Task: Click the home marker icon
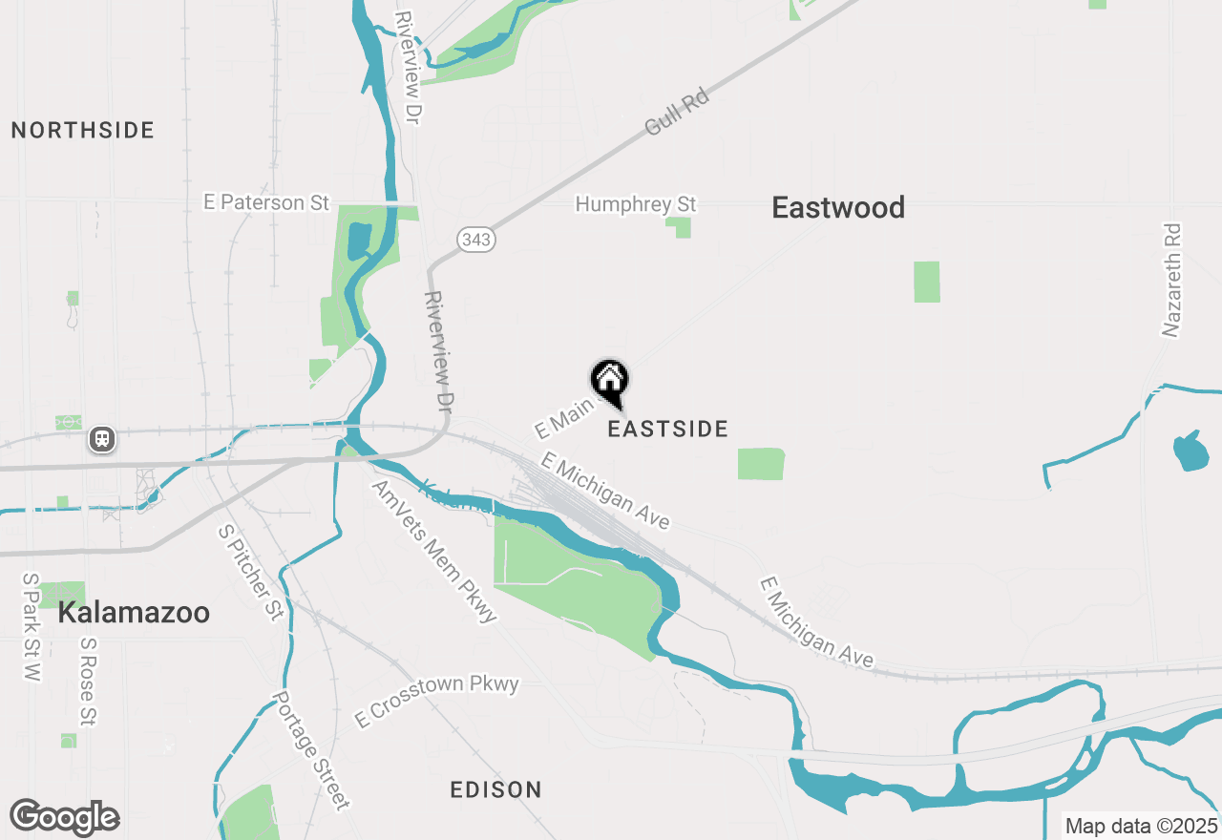(x=609, y=382)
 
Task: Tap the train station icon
(x=101, y=439)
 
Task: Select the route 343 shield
(x=474, y=239)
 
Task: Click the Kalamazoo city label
(x=134, y=613)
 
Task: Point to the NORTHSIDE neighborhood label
(x=83, y=131)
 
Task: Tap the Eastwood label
(x=838, y=208)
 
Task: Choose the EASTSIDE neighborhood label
(x=668, y=430)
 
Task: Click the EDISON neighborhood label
(x=495, y=789)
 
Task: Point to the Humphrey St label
(x=636, y=204)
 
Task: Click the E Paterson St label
(x=266, y=202)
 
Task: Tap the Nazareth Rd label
(x=1171, y=281)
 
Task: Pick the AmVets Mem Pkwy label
(x=434, y=552)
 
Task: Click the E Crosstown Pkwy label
(x=436, y=701)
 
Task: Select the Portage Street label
(x=312, y=750)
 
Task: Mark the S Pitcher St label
(x=251, y=572)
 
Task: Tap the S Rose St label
(x=89, y=682)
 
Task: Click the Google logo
(x=65, y=817)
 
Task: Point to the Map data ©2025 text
(x=1142, y=826)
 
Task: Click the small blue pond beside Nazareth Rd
(x=1190, y=451)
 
